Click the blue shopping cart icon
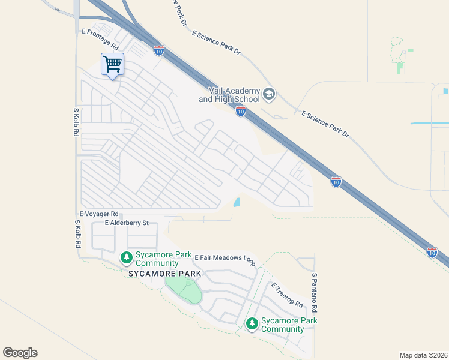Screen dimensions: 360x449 [x=112, y=64]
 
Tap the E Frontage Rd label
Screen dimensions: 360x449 [x=100, y=40]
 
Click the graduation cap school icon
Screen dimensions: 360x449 [x=269, y=94]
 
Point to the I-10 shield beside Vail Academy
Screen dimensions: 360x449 [x=240, y=111]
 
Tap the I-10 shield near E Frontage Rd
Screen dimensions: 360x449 [x=158, y=51]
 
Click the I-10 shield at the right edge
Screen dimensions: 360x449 [x=432, y=253]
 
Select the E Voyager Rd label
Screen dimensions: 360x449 [x=99, y=214]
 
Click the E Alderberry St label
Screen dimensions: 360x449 [x=130, y=223]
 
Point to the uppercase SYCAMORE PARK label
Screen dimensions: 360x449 [x=157, y=274]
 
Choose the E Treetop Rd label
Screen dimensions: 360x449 [x=287, y=295]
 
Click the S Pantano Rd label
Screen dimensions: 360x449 [x=314, y=293]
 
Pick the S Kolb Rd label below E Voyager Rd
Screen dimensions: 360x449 [x=77, y=235]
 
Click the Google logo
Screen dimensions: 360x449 [x=20, y=353]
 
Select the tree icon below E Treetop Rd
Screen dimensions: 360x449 [x=252, y=325]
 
